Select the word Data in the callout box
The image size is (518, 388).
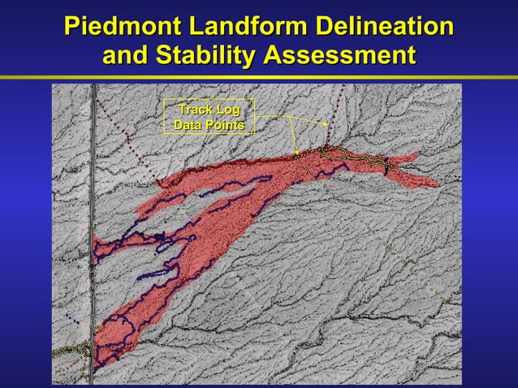[x=189, y=125]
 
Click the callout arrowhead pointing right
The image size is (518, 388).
[x=325, y=125]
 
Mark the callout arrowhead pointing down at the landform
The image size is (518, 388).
[x=298, y=151]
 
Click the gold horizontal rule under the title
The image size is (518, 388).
[x=259, y=78]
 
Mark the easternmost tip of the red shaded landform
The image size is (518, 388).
[x=437, y=185]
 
